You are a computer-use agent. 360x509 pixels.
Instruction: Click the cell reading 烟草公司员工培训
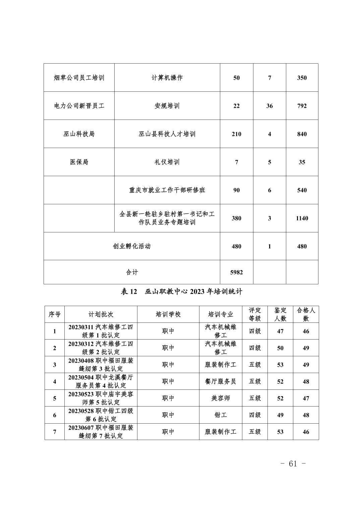(x=79, y=78)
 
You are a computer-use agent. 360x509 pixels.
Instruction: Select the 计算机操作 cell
(x=167, y=78)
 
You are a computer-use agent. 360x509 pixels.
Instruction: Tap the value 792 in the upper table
(x=302, y=106)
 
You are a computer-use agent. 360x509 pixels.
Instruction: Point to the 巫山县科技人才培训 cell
(x=167, y=134)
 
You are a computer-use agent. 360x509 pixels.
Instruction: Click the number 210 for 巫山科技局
(x=236, y=134)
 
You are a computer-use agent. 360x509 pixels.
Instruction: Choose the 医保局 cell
(x=79, y=162)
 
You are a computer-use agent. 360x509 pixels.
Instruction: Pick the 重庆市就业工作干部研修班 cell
(x=167, y=190)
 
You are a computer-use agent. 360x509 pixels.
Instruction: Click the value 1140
(x=302, y=218)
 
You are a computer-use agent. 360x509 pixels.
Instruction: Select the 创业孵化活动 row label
(x=132, y=246)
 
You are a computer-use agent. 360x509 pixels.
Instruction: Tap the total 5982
(x=236, y=272)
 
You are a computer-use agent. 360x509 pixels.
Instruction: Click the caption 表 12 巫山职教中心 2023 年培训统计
(x=181, y=292)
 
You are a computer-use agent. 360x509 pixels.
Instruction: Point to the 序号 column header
(x=55, y=314)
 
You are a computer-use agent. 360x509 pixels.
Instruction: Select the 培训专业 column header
(x=221, y=314)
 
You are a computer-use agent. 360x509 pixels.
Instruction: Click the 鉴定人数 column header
(x=280, y=314)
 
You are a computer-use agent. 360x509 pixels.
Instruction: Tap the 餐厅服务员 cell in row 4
(x=221, y=381)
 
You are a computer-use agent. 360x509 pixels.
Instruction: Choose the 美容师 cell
(x=221, y=398)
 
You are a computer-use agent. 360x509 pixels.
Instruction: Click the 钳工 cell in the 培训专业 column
(x=221, y=415)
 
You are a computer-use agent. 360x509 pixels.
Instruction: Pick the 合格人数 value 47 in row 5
(x=306, y=398)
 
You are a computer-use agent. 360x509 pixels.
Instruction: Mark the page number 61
(x=293, y=464)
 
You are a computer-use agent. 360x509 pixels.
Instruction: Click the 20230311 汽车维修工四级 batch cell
(x=101, y=331)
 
